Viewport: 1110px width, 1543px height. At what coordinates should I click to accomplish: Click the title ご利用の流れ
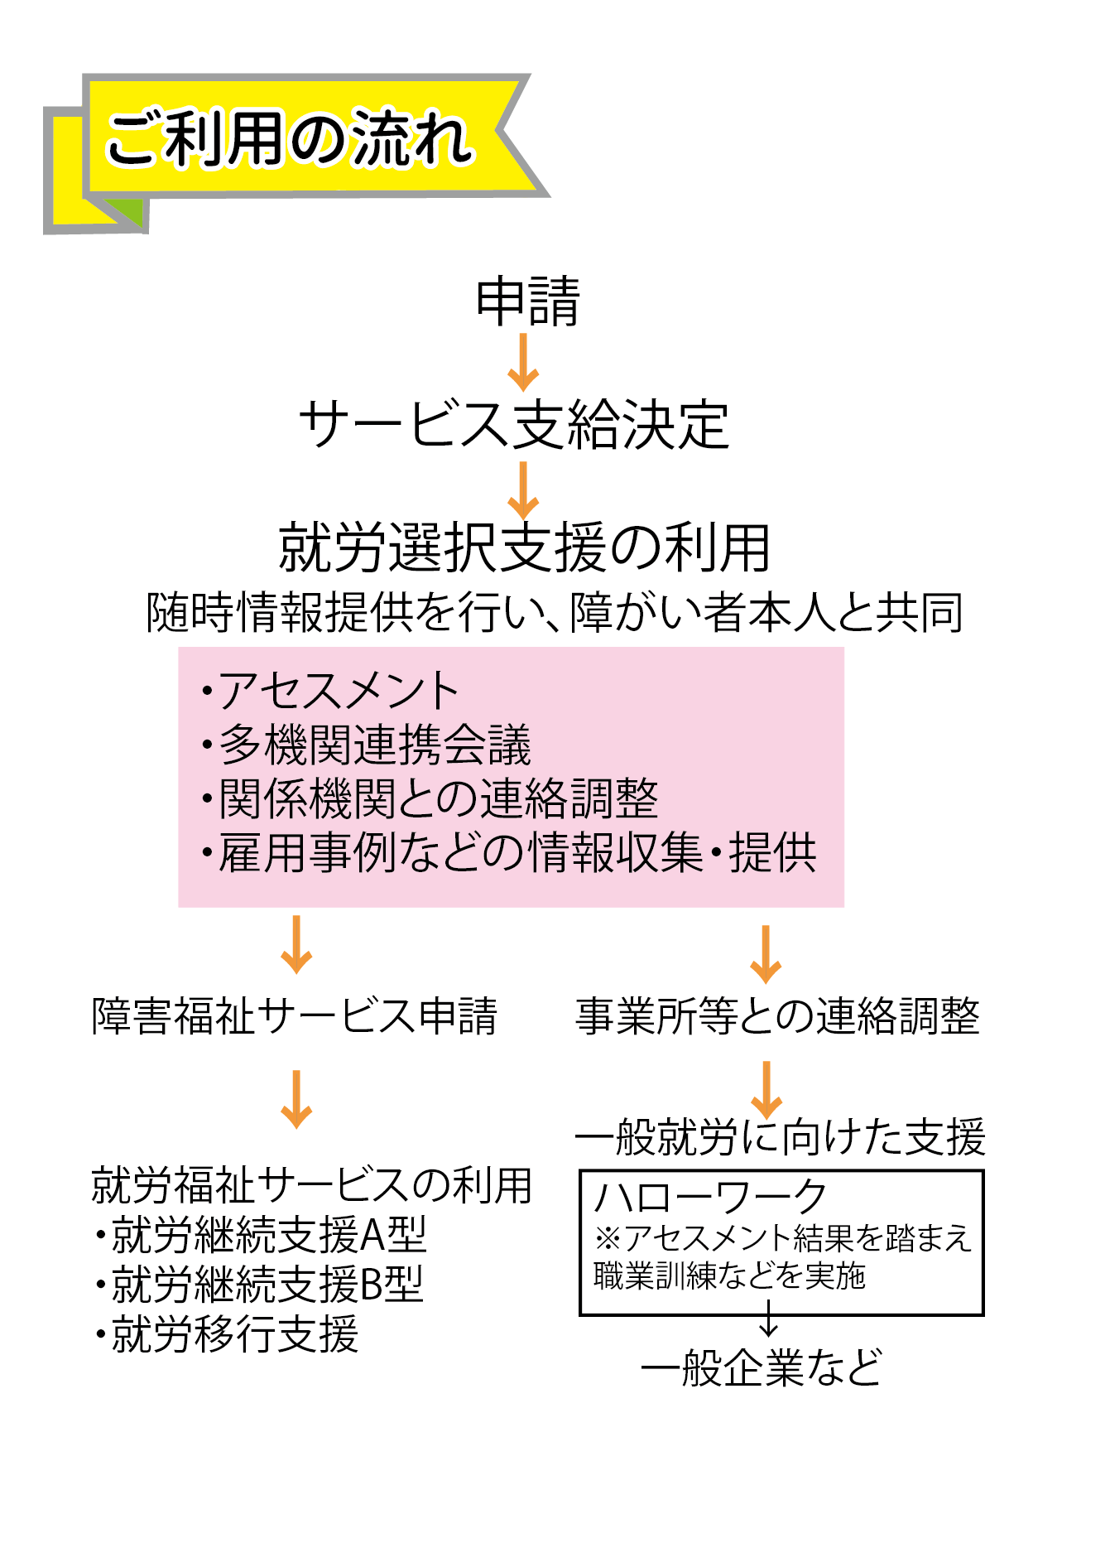coord(290,138)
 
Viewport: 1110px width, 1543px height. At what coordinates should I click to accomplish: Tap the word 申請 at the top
coord(528,301)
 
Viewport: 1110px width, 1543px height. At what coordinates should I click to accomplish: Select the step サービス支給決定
coord(514,425)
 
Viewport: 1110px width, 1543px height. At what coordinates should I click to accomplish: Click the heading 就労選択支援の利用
coord(525,548)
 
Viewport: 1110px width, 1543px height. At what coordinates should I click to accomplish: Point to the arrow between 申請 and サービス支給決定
coord(523,362)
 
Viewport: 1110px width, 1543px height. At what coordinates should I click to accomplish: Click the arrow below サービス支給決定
coord(523,489)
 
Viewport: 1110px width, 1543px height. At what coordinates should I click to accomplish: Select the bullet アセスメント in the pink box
coord(331,691)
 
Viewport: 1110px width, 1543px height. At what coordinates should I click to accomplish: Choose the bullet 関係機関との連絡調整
coord(430,798)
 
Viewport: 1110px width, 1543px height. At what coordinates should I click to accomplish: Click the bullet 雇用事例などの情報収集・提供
coord(510,852)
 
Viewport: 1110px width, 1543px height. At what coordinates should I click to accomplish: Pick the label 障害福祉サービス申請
coord(295,1016)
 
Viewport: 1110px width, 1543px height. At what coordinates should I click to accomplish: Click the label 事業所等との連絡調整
coord(777,1016)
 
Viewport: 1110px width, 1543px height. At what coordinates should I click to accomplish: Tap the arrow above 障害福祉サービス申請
coord(296,945)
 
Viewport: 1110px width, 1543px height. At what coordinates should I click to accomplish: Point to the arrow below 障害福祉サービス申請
coord(296,1099)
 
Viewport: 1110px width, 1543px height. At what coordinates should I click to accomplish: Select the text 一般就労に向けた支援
coord(780,1136)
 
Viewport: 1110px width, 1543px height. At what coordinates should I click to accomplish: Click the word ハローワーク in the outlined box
coord(710,1197)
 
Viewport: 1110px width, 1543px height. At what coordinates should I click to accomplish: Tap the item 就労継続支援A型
coord(262,1235)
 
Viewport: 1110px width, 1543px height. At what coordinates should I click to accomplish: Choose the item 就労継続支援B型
coord(260,1285)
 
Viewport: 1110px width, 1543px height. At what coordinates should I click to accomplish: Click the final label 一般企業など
coord(762,1367)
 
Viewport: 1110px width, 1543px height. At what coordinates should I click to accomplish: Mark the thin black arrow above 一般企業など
coord(769,1318)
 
